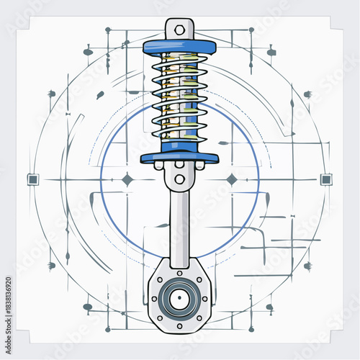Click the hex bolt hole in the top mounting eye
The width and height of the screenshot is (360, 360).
click(179, 30)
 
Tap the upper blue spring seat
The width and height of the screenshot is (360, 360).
click(179, 48)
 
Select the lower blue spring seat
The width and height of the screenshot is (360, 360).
click(179, 157)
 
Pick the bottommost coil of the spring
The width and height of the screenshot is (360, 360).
click(179, 138)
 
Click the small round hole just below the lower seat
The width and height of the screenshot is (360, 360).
click(179, 176)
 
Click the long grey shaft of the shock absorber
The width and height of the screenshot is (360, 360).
click(179, 223)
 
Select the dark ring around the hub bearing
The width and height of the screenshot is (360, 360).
click(179, 285)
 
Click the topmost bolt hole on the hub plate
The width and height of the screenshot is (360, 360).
click(179, 271)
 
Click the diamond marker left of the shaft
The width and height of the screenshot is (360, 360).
click(127, 179)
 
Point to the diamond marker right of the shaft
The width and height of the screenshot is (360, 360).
click(232, 179)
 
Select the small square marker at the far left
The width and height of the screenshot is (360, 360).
click(32, 179)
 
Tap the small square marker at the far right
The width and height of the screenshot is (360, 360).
click(326, 179)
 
